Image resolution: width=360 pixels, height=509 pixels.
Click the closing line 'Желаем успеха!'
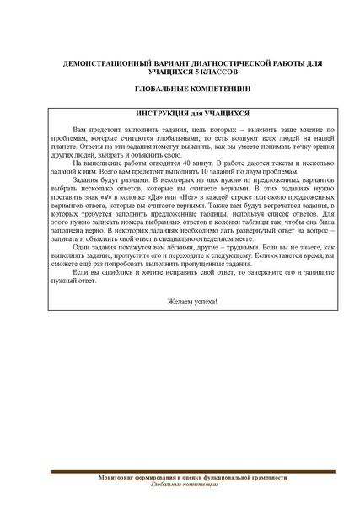180,300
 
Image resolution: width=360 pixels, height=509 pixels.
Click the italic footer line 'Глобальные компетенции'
180,487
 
